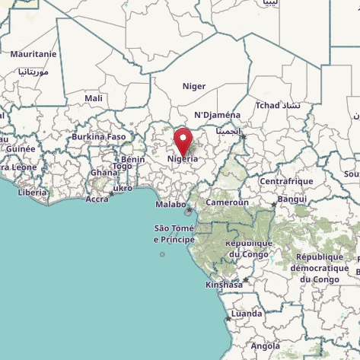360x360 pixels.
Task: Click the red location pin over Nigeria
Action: point(183,141)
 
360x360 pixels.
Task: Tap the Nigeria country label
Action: point(183,159)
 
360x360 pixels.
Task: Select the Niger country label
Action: point(194,86)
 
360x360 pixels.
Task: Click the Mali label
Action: point(94,98)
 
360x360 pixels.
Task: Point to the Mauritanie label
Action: point(33,54)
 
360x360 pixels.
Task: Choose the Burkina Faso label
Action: point(98,137)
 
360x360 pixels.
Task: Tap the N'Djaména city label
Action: point(218,115)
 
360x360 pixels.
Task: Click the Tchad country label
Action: point(268,105)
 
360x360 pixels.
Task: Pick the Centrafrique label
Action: point(286,181)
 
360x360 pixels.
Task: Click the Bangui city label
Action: point(292,199)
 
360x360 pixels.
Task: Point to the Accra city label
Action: point(97,199)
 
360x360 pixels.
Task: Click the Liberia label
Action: point(32,193)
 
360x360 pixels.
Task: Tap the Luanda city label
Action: point(247,314)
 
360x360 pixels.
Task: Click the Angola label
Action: point(266,346)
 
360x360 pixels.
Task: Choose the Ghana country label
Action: point(104,172)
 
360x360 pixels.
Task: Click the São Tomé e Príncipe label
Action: point(174,234)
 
